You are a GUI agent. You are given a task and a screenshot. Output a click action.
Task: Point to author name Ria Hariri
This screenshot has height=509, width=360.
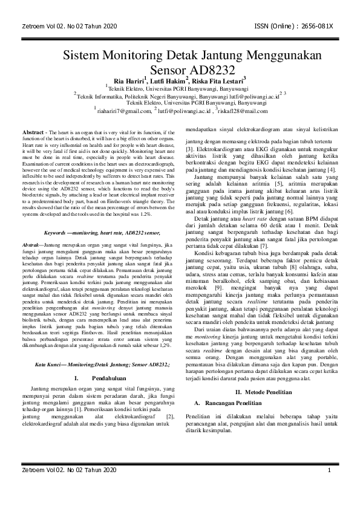(x=129, y=81)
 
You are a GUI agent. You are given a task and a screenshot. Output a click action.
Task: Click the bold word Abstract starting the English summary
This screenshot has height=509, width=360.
(x=34, y=132)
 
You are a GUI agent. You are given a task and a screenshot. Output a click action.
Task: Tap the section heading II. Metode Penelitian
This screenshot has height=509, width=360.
(x=264, y=342)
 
